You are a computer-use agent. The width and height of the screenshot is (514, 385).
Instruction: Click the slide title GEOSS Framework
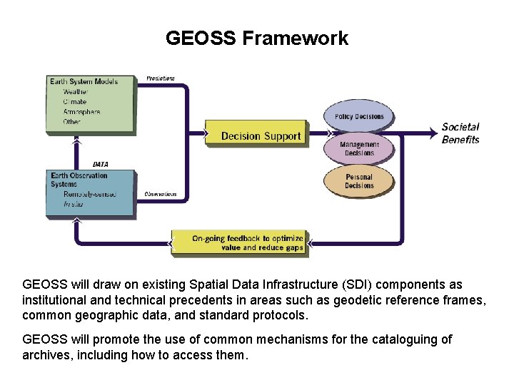coord(257,38)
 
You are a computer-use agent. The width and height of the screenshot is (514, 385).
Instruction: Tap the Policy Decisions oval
coord(359,117)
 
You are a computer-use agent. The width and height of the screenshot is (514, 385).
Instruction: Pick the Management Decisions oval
coord(359,149)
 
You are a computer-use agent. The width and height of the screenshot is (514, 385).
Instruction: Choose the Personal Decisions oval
coord(359,181)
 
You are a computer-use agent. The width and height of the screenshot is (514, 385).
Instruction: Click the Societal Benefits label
coord(460,133)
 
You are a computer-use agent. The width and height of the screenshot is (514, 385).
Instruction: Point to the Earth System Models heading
coord(84,81)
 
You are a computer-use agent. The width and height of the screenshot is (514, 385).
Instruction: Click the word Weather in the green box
coord(76,92)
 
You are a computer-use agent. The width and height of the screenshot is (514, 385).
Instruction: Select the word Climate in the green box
coord(75,102)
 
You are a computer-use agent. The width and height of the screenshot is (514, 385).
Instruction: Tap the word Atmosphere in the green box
coord(81,112)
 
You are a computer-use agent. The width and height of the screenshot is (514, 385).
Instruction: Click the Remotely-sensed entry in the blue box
coord(90,194)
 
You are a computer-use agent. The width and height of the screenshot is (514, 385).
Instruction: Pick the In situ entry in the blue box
coord(74,204)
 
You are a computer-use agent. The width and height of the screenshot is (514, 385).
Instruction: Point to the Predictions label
coord(161,78)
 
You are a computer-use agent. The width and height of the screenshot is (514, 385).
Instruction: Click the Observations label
coord(161,194)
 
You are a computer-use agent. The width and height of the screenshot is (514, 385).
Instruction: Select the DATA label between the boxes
coord(101,164)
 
